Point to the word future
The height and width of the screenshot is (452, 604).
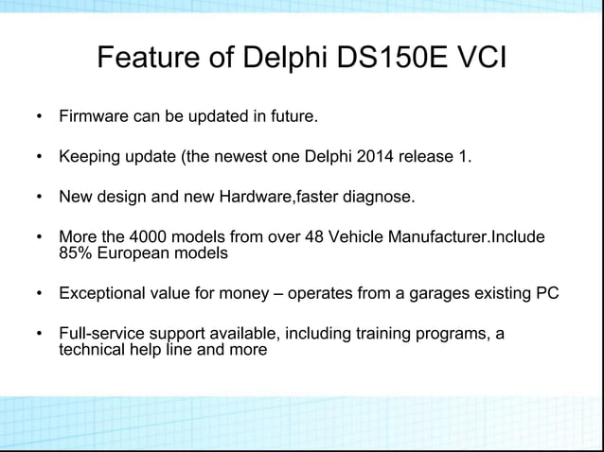point(291,119)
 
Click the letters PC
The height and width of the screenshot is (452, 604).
point(547,294)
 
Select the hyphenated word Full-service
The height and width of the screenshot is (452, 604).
point(103,334)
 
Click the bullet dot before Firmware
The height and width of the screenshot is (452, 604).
point(38,120)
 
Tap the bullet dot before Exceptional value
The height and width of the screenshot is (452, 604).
point(38,294)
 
